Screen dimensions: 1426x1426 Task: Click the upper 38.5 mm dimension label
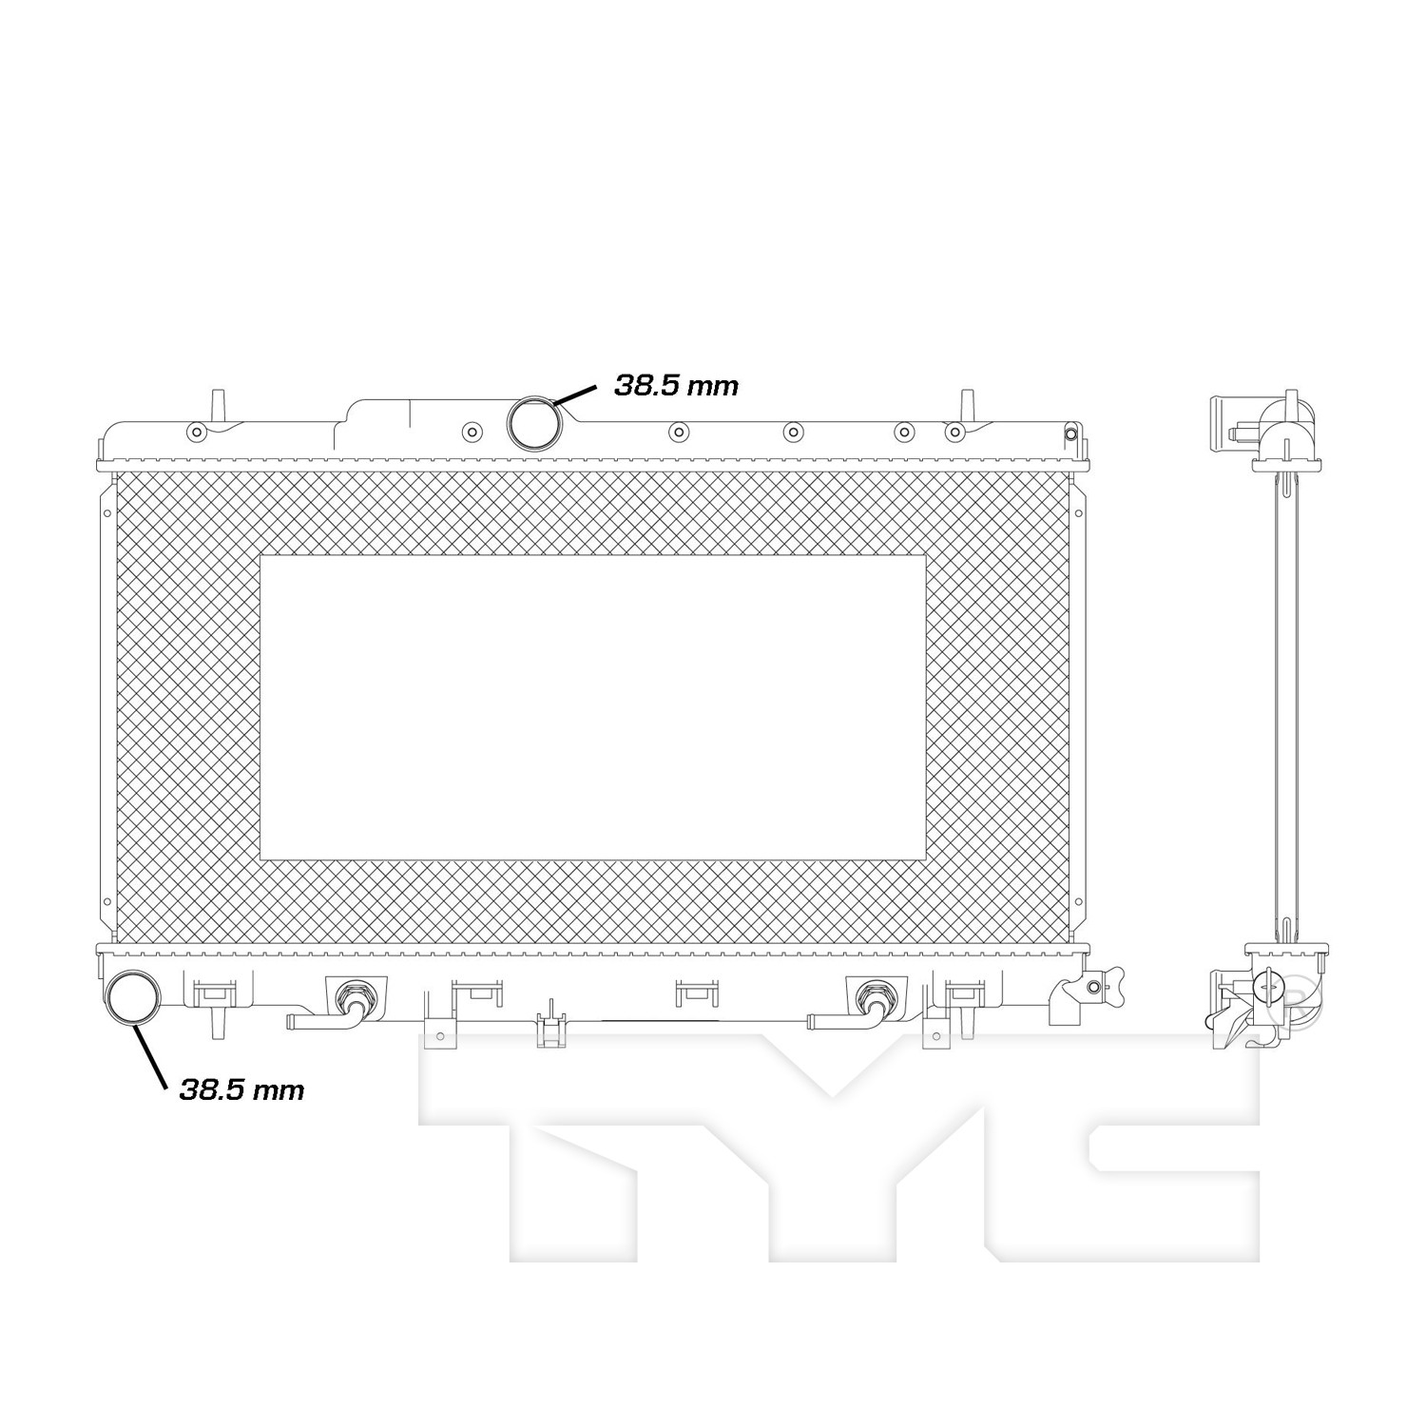(676, 385)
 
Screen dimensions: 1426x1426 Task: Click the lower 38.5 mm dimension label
(241, 1089)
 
